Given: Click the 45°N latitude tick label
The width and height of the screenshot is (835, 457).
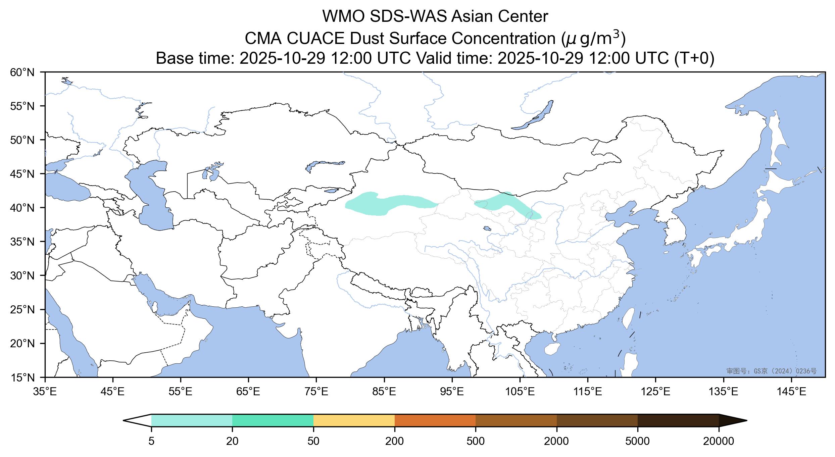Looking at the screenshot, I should pyautogui.click(x=22, y=174).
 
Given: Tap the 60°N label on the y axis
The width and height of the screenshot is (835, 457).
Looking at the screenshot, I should pyautogui.click(x=22, y=72).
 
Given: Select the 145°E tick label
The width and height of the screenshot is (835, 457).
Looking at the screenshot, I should pyautogui.click(x=792, y=392).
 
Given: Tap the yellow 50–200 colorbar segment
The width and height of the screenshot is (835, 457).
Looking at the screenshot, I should pyautogui.click(x=354, y=420).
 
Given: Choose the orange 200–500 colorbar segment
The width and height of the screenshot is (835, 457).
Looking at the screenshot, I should pyautogui.click(x=435, y=420).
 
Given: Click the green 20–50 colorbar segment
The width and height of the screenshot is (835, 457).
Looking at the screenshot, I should pyautogui.click(x=273, y=420).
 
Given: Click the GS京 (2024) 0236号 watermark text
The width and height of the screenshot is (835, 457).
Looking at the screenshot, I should pyautogui.click(x=771, y=371).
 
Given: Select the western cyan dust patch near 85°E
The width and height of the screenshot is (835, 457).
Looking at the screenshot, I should pyautogui.click(x=386, y=204).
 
